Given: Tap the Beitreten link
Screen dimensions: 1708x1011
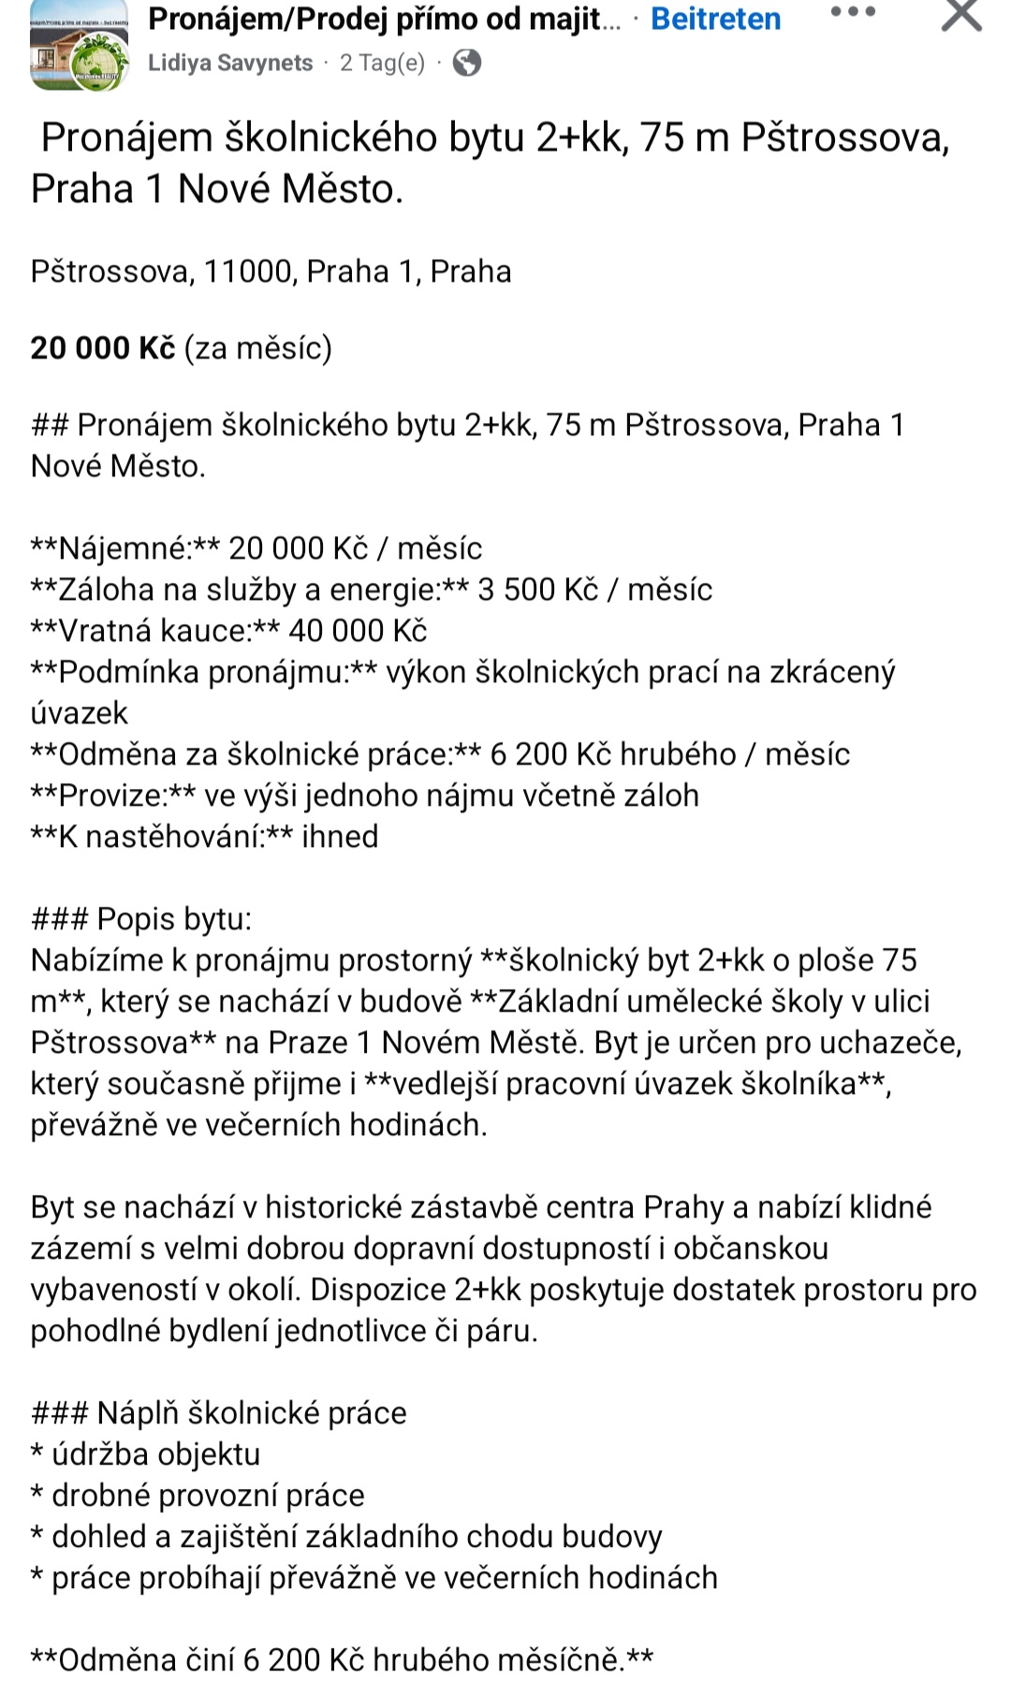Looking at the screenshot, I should click(715, 20).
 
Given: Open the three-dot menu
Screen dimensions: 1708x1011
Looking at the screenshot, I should click(853, 13).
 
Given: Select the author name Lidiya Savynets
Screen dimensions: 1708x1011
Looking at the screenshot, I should click(230, 63).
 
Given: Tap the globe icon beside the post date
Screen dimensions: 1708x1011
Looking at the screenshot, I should click(466, 63).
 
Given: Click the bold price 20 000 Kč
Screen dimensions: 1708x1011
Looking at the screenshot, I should click(103, 348).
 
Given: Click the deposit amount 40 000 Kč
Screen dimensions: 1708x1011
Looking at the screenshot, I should click(358, 631).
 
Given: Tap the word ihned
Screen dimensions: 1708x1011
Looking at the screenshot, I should click(340, 837).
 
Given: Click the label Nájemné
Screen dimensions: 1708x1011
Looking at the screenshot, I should click(125, 548).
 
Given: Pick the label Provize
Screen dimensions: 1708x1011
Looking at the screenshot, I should click(112, 796).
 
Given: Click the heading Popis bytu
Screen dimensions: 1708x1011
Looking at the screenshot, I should click(174, 919).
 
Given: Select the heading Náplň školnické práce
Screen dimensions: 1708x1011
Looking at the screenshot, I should click(252, 1413).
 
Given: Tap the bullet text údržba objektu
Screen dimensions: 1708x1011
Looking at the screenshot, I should click(155, 1454).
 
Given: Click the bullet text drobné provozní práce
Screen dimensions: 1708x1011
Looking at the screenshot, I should click(208, 1496).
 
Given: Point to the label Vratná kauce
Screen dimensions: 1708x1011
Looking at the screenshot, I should click(154, 631).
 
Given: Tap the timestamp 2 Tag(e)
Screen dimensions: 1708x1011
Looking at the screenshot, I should click(382, 63).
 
